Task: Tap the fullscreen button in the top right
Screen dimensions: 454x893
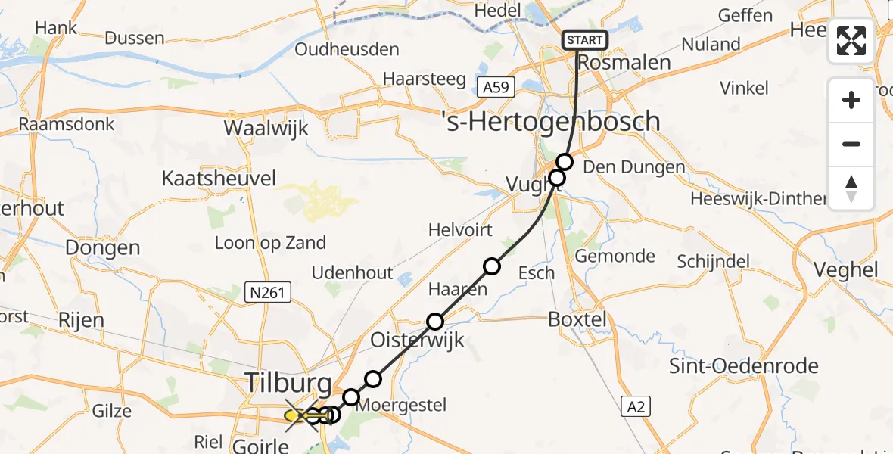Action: (851, 41)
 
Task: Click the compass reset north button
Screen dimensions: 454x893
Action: (851, 188)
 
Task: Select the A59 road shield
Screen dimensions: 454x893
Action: (496, 87)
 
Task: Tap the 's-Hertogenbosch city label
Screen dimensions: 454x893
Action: (551, 121)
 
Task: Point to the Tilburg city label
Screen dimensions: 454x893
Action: (288, 383)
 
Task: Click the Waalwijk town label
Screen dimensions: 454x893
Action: (266, 128)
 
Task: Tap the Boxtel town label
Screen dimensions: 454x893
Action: (578, 319)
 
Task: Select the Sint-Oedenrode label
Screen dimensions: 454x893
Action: (744, 366)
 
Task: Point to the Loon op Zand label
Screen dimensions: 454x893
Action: (270, 243)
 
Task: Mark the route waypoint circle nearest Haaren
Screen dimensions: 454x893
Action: (492, 266)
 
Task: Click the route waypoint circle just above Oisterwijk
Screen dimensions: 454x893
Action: (435, 322)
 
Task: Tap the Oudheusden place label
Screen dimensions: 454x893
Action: (347, 50)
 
